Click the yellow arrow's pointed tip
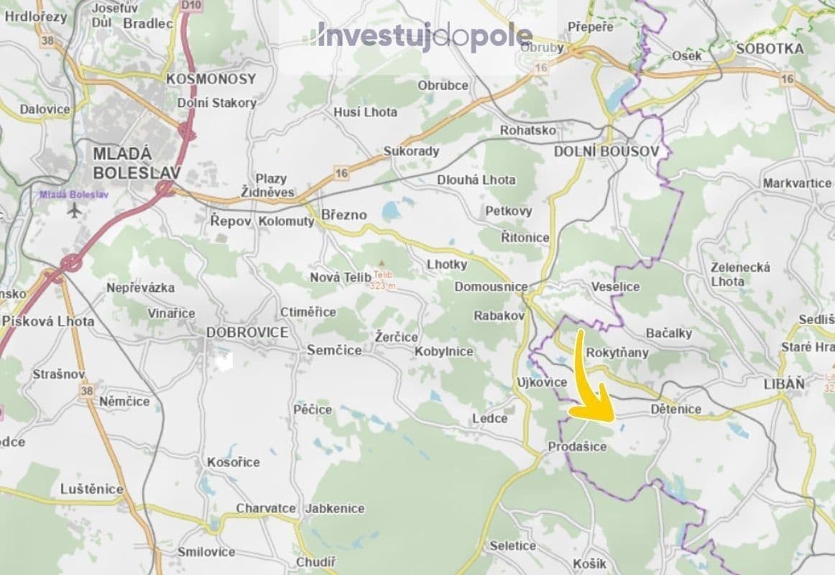[x=612, y=419]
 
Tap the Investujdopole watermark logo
[x=425, y=37]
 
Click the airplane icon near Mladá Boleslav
[x=74, y=210]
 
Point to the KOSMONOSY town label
[x=211, y=79]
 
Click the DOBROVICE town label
[x=246, y=333]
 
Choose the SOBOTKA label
[x=770, y=49]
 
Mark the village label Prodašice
[x=577, y=446]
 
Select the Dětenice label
[x=675, y=409]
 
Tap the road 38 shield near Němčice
[x=88, y=390]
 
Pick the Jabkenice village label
[x=334, y=508]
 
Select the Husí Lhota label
[x=365, y=112]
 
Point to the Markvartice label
[x=797, y=183]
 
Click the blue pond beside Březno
[x=390, y=211]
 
